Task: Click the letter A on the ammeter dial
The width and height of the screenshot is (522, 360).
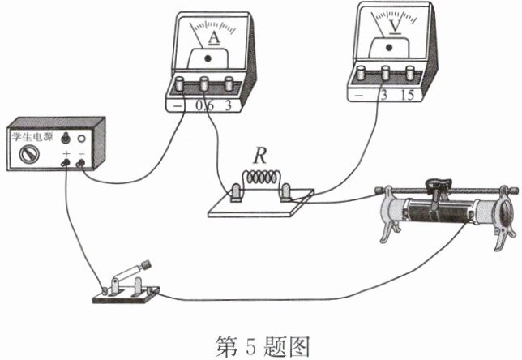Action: coord(214,38)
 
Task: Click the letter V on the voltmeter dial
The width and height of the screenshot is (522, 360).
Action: coord(396,26)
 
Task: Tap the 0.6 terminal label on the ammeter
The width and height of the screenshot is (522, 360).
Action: coord(204,105)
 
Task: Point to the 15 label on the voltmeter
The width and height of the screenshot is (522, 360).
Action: coord(407,95)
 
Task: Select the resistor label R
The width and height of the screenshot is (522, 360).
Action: coord(260,156)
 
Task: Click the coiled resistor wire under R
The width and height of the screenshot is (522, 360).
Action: coord(261,178)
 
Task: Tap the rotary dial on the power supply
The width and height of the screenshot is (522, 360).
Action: coord(29,155)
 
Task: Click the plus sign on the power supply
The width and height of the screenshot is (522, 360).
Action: coord(66,154)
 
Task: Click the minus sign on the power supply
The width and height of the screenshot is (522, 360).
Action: coord(82,154)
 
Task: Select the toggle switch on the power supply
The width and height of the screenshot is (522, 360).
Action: coord(66,138)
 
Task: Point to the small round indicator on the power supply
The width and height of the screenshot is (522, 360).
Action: coord(81,138)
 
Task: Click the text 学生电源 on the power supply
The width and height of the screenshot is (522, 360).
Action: coord(32,136)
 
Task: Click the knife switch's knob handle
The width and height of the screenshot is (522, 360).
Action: coord(146,265)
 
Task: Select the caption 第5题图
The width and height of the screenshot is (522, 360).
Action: coord(263,346)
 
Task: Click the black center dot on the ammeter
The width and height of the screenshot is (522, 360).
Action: coord(208,59)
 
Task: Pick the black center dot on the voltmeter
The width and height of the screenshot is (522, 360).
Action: coord(389,48)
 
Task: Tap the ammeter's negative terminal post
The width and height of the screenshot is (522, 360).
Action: coord(180,84)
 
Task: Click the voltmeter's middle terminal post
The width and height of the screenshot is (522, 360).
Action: coord(386,73)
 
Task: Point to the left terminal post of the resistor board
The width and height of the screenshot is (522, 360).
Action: coord(236,192)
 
